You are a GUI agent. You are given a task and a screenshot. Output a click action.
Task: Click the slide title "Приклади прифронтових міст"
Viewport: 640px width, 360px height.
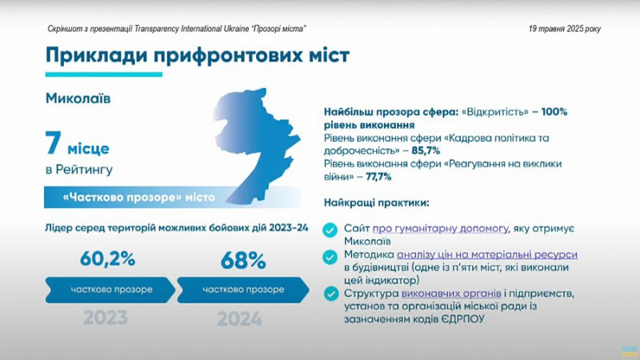click(198, 55)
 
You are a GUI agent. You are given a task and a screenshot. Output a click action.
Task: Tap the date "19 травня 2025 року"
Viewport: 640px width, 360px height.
click(565, 29)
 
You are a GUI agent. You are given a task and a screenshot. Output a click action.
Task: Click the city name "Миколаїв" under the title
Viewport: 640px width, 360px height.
click(78, 98)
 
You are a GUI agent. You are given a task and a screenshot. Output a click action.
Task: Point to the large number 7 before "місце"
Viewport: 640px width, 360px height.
click(54, 143)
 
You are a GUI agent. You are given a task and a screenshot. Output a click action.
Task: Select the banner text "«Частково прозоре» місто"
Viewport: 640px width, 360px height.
click(138, 198)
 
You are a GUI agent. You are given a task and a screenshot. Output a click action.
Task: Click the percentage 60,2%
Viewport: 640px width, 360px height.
click(107, 258)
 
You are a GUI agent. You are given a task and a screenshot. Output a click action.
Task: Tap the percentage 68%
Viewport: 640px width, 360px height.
click(243, 261)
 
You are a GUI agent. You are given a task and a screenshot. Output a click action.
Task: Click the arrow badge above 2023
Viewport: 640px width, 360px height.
click(110, 290)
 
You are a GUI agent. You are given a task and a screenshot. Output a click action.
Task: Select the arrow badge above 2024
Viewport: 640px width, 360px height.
click(243, 290)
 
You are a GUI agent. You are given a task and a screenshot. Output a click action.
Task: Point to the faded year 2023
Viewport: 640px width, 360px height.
click(106, 318)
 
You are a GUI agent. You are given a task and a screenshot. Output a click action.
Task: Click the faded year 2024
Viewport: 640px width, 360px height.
click(239, 319)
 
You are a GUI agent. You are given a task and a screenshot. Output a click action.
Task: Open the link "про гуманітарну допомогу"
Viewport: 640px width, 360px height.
click(440, 229)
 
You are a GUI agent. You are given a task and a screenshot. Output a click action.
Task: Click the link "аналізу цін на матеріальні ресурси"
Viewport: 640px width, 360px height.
click(487, 254)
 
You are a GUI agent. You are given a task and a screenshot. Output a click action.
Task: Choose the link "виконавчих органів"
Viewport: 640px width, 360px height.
click(451, 294)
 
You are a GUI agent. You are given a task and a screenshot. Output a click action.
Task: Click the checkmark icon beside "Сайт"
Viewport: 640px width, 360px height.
click(330, 230)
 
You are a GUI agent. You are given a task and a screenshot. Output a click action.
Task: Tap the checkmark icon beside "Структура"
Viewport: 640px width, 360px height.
click(331, 294)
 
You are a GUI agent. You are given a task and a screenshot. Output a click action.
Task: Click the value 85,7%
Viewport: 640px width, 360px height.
click(426, 150)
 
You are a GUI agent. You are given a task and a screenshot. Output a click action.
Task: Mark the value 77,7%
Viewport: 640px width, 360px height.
click(378, 177)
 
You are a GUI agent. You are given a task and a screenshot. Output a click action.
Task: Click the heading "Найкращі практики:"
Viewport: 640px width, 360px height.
click(376, 203)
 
